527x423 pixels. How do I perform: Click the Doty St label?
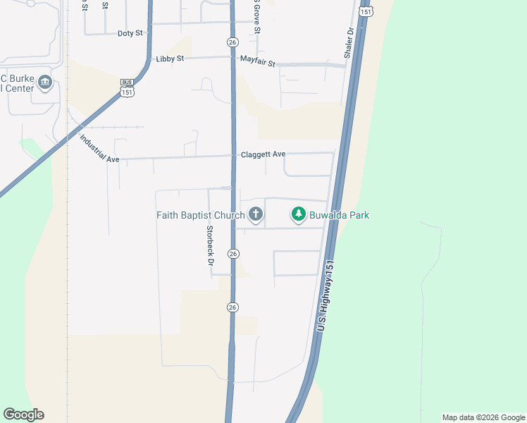pos(130,33)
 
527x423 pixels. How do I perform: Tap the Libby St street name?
pos(170,59)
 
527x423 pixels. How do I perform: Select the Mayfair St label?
pos(258,61)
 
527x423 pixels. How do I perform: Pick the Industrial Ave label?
pos(99,149)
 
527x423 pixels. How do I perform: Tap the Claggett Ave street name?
pos(263,154)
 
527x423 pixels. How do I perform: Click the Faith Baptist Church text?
pos(200,215)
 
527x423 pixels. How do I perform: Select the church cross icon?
pos(256,214)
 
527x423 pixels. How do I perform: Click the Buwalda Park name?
pos(338,215)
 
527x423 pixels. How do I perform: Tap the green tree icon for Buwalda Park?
pos(299,214)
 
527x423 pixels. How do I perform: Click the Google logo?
pos(23,415)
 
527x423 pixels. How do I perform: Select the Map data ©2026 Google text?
pos(483,417)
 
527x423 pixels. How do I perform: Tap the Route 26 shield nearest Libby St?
pos(232,42)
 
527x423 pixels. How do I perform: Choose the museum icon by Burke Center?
pos(45,82)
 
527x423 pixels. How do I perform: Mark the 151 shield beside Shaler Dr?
pos(365,11)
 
